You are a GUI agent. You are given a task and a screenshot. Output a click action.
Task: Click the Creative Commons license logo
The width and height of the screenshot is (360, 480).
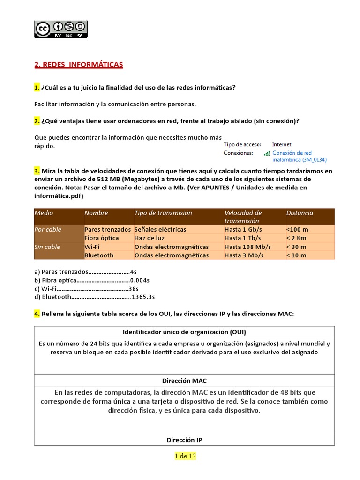60,29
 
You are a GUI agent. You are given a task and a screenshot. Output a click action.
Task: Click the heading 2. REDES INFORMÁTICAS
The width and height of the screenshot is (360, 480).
79,65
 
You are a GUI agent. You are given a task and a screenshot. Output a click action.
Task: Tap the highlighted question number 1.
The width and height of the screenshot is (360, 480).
37,88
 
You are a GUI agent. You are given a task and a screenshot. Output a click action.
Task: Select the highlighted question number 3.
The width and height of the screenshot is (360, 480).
37,171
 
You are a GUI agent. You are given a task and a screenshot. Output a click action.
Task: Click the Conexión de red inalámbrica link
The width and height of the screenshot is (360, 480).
292,156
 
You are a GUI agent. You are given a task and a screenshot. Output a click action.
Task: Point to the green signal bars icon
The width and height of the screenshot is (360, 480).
267,153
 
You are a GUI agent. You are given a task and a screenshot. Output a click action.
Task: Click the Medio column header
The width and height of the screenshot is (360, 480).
44,213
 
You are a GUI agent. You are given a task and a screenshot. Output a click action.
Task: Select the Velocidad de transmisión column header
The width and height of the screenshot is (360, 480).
243,217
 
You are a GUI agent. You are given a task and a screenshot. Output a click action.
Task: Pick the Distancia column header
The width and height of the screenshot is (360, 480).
300,213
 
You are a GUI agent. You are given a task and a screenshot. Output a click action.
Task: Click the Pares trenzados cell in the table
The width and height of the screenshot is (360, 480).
107,230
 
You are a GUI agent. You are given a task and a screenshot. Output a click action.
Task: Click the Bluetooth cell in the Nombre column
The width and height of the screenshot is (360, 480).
99,255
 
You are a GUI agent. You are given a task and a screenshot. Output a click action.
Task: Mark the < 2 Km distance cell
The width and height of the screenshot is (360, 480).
297,238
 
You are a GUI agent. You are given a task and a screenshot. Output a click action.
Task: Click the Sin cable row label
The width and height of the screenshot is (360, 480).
47,247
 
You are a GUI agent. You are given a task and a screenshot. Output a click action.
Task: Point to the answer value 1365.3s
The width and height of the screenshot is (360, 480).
143,297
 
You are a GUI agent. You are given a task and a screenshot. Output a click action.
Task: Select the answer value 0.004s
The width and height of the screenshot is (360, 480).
140,280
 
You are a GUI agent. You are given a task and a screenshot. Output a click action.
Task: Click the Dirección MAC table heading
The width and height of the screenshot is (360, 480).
184,381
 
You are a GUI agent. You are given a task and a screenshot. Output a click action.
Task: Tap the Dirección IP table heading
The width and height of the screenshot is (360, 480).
184,440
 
